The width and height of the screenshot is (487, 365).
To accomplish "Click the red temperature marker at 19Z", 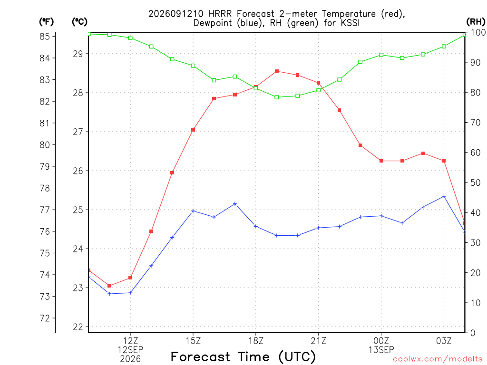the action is [277, 71].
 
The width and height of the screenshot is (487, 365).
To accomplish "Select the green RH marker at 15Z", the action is [193, 66].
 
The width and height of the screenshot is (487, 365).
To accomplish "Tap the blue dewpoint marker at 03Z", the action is [444, 196].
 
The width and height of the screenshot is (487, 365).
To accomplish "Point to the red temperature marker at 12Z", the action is [130, 278].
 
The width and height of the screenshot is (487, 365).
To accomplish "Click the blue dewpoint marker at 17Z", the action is [235, 204].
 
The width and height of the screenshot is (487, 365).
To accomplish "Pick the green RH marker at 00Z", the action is [381, 55].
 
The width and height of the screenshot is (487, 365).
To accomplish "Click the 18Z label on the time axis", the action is [256, 341].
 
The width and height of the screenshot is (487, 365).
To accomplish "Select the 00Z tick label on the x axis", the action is [381, 341].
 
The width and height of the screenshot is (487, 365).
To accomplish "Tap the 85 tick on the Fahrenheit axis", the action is [45, 36].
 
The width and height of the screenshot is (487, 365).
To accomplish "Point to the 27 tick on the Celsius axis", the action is [78, 132].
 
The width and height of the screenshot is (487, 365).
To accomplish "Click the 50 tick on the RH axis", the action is [475, 182].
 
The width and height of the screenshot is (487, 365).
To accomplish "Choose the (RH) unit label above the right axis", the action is [476, 22].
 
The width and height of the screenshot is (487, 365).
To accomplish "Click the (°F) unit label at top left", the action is [46, 22].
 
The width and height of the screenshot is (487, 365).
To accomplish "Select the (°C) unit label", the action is [79, 22].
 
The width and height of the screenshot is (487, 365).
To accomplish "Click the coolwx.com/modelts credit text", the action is [438, 359].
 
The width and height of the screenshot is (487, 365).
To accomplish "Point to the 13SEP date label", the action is [381, 350].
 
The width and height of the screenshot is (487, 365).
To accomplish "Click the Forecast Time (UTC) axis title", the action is [243, 357].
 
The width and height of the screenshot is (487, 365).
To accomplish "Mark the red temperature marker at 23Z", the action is [360, 145].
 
